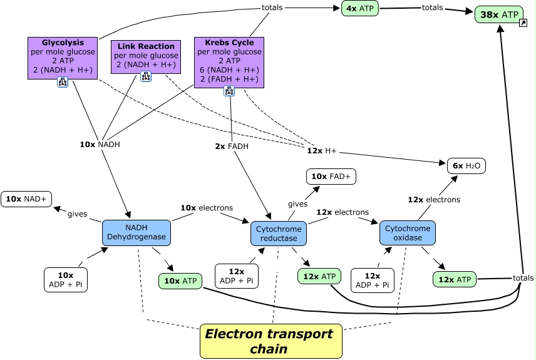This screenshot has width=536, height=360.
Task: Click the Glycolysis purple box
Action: click(63, 57)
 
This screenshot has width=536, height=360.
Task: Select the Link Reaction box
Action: click(146, 56)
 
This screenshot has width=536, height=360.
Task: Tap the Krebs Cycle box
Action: click(229, 61)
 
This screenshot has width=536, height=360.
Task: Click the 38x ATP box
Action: click(498, 14)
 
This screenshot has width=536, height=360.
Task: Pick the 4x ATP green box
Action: click(360, 9)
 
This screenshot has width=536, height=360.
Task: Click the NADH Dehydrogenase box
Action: click(136, 232)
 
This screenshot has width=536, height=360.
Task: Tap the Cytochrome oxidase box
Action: click(408, 232)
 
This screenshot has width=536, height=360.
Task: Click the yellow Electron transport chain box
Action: click(271, 341)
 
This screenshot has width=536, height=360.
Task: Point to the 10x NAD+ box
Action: click(26, 198)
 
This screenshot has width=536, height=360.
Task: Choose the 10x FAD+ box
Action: click(331, 177)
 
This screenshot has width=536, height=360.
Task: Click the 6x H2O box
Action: click(466, 166)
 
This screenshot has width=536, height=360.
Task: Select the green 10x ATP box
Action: click(180, 281)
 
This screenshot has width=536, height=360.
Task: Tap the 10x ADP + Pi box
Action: click(66, 280)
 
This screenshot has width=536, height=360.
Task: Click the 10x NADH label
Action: click(100, 144)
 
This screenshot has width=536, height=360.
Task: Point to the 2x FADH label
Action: click(232, 147)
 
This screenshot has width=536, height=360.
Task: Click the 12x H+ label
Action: click(322, 151)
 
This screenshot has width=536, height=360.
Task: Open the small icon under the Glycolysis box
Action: click(63, 82)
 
